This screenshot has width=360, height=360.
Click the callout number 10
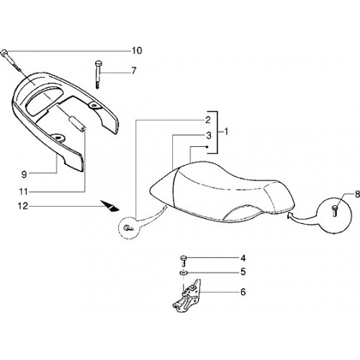pos(137,51)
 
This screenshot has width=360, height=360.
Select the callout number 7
pos(134,71)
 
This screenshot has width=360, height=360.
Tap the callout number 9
pos(24,174)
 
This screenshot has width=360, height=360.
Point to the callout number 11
pos(24,192)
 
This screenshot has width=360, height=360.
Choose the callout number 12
pos(23,206)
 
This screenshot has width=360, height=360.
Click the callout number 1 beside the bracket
pos(226,132)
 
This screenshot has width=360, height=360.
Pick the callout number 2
pos(208,120)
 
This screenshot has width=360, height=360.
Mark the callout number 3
pos(209,135)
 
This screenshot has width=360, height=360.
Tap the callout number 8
pos(357,194)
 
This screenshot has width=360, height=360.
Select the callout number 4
pos(243,258)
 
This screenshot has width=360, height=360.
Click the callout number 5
pos(243,272)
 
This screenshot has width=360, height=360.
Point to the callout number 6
pos(243,292)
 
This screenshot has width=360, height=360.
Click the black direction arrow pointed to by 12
pos(110,207)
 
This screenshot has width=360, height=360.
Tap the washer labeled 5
pos(184,273)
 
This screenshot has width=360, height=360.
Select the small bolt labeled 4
pos(184,261)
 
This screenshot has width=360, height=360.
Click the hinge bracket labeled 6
pos(187,297)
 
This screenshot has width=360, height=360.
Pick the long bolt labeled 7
pos(97,75)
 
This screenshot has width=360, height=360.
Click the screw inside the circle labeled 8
pos(334,211)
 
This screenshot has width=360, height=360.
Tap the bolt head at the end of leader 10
pos(4,53)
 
